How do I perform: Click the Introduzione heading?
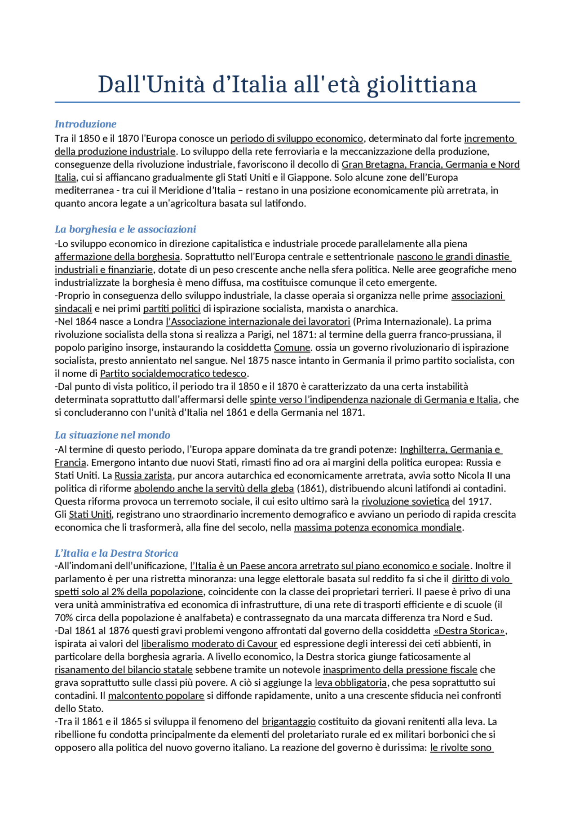pos(85,124)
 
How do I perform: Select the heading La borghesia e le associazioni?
pos(125,229)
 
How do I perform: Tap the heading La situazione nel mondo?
pos(112,435)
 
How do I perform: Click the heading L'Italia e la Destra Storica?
pos(116,553)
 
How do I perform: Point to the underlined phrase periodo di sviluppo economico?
pos(296,138)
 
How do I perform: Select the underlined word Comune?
pos(292,347)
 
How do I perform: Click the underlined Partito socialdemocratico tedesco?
pos(173,374)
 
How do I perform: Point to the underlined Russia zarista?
pos(143,475)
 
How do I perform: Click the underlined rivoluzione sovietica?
pos(405,501)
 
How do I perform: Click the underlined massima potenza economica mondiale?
pos(378,527)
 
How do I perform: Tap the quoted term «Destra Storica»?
pos(470,631)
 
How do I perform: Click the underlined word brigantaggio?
pos(288,721)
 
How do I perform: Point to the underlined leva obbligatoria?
pos(350,683)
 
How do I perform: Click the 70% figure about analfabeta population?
pos(63,618)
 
